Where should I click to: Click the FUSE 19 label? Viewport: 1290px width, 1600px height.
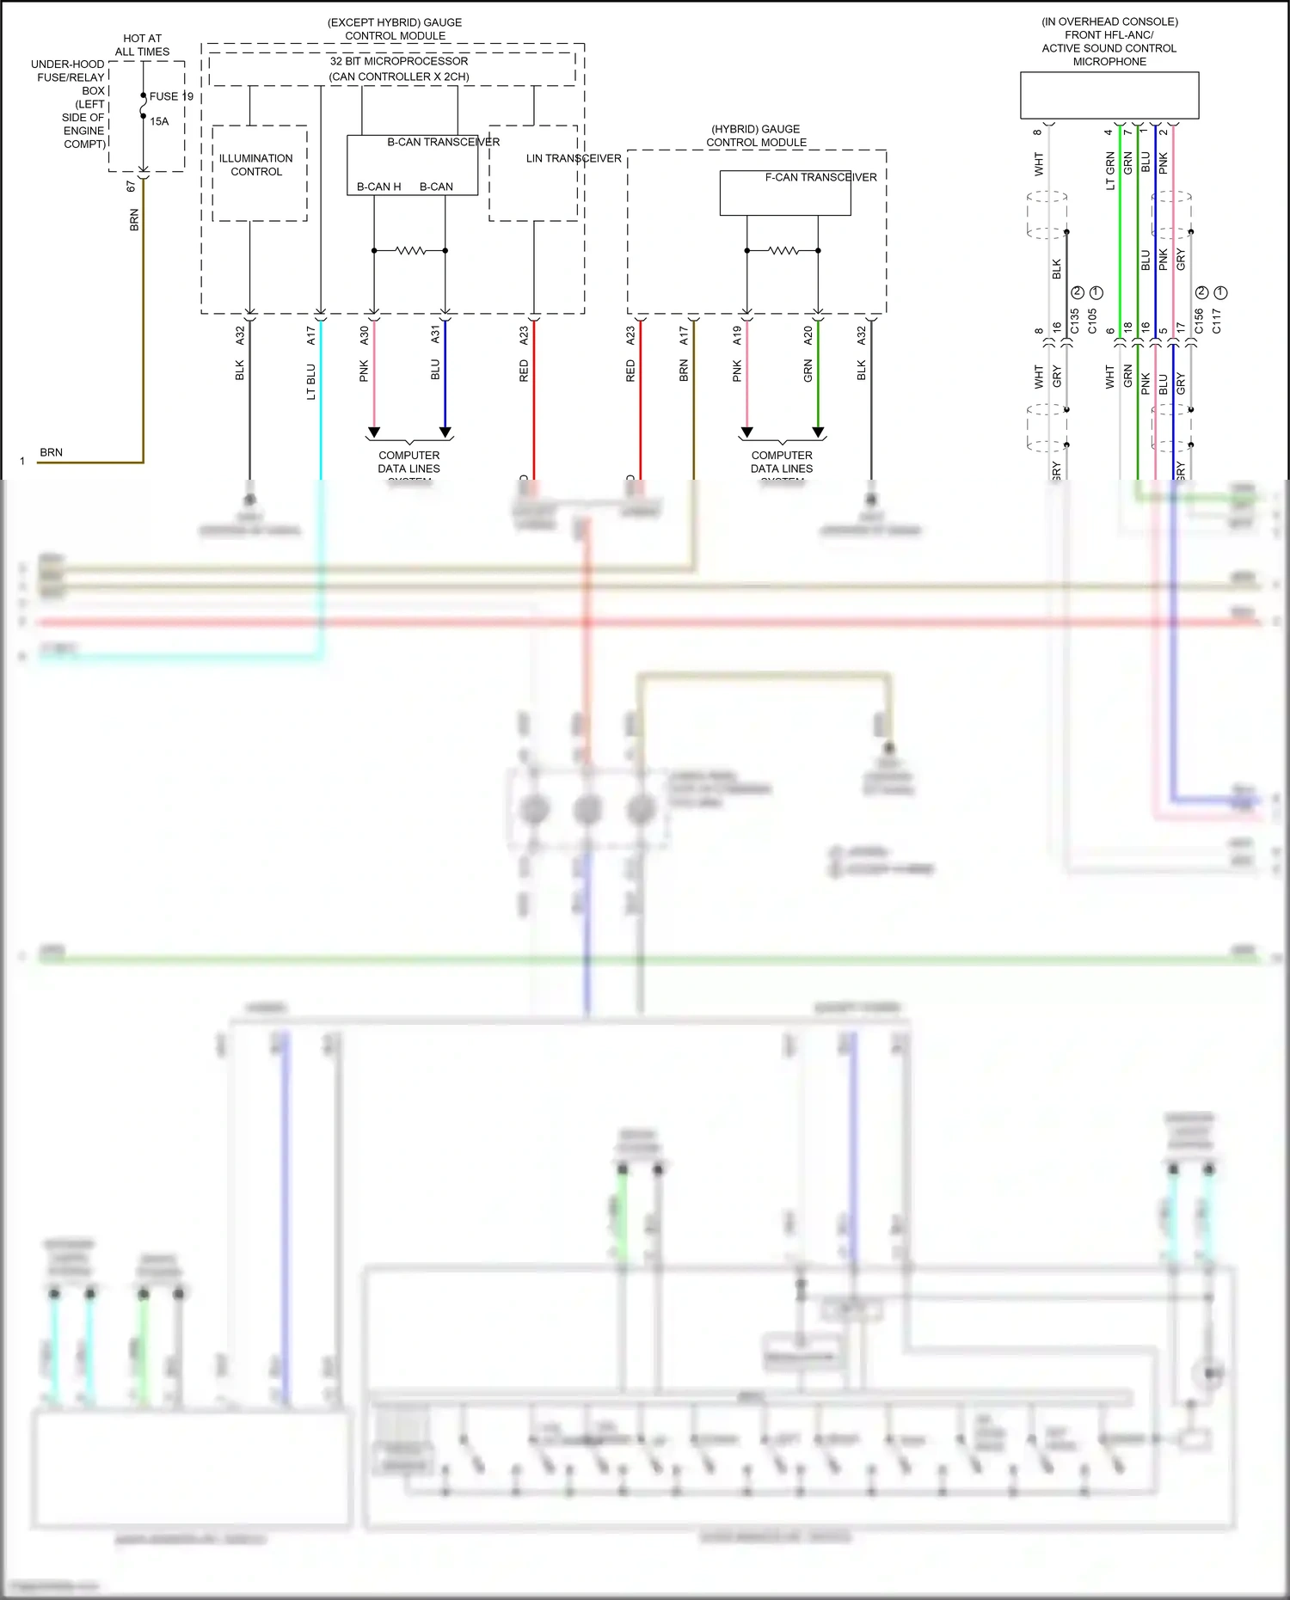tap(171, 96)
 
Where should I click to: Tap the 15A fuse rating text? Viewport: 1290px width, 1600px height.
tap(159, 121)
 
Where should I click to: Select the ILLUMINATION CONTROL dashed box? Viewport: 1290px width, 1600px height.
tap(259, 174)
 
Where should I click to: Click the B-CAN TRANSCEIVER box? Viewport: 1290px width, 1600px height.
tap(412, 165)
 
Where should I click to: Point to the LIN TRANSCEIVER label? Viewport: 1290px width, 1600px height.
tap(573, 158)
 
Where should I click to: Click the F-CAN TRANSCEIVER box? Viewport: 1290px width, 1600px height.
tap(784, 193)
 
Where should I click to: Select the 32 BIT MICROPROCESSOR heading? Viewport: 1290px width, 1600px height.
tap(399, 61)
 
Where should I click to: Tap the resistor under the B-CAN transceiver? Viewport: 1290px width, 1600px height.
tap(410, 251)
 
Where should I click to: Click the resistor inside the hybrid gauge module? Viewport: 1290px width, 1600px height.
tap(783, 251)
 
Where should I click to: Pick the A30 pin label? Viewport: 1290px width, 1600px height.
tap(364, 335)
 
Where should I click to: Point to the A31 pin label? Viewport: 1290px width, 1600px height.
tap(435, 335)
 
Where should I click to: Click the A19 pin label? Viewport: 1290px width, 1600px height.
tap(737, 335)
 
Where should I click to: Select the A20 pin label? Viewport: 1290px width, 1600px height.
tap(808, 335)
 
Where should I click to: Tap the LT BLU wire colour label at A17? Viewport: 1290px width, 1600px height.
tap(311, 382)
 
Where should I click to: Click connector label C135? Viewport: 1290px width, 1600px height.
tap(1074, 322)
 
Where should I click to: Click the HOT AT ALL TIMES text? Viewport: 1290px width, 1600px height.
tap(142, 45)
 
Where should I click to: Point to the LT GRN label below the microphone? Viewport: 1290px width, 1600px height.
tap(1109, 171)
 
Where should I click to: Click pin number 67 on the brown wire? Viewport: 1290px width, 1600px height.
tap(131, 186)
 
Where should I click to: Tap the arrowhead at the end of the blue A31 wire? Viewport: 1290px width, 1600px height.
tap(445, 432)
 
